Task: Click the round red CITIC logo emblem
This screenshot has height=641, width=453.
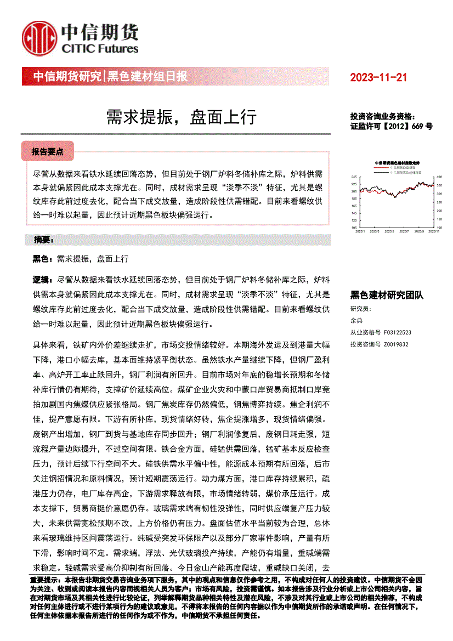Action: tap(39, 38)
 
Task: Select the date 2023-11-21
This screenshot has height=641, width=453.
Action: tap(378, 77)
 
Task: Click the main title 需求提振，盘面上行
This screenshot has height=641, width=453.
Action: tap(181, 116)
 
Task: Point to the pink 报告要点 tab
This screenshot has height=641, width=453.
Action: tap(48, 151)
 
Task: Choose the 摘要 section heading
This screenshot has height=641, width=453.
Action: tap(43, 240)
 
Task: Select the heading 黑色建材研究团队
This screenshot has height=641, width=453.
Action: tap(387, 295)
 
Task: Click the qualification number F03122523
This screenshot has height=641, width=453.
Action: tap(398, 332)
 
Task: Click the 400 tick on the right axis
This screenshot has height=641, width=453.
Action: tap(439, 177)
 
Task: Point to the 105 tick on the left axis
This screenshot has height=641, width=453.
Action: tap(354, 227)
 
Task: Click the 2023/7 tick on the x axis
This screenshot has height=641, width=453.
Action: tap(405, 231)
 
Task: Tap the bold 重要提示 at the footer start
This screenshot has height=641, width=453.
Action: tap(47, 579)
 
